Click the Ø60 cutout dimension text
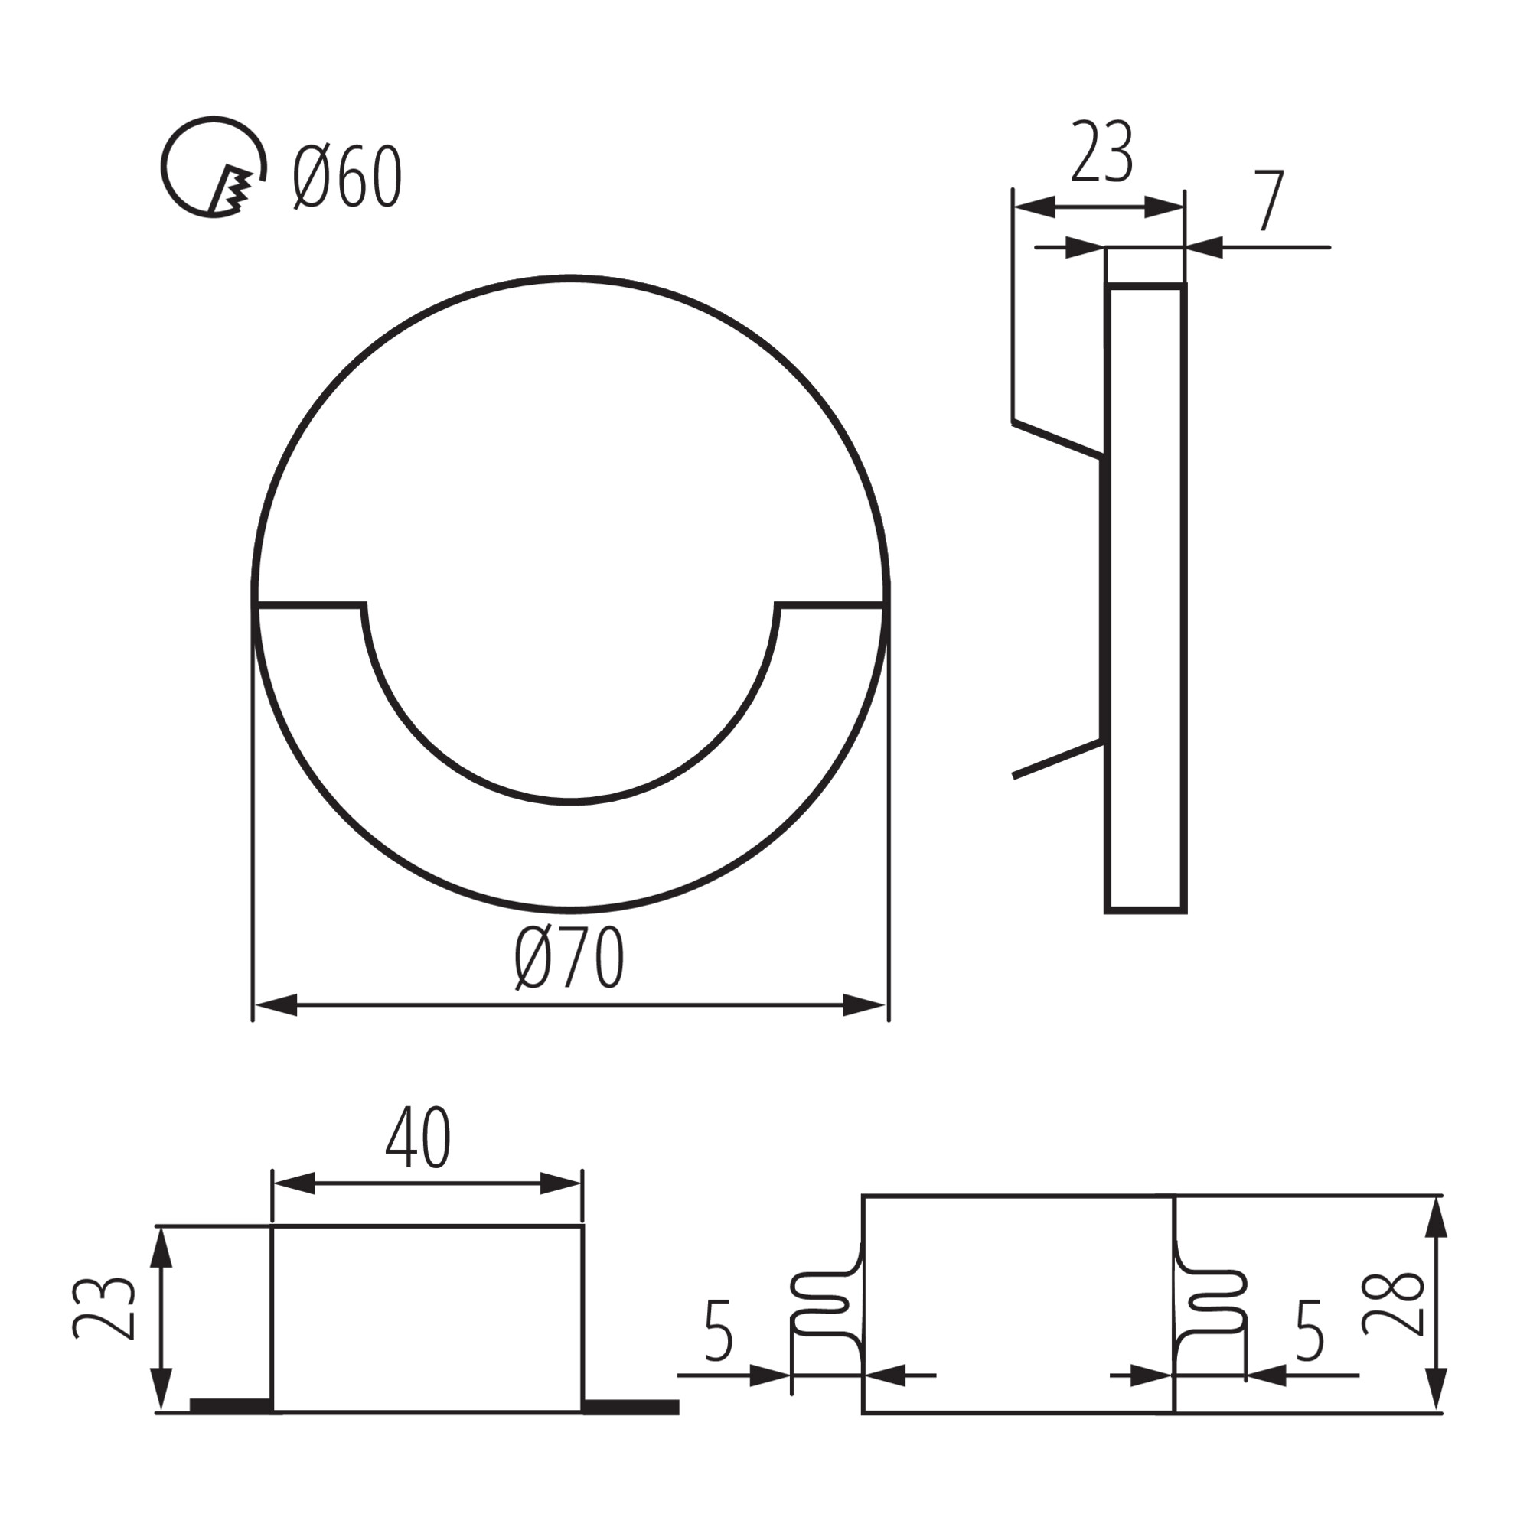coord(347,178)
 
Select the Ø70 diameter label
coord(569,959)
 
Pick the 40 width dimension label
coord(419,1138)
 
